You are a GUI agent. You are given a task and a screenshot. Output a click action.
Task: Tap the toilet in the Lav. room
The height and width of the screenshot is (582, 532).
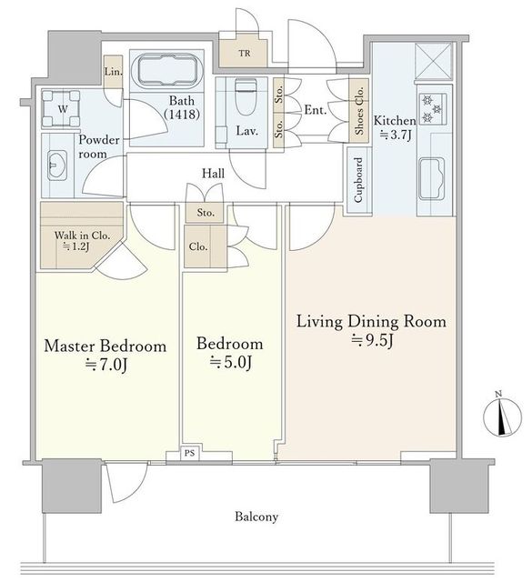[x=246, y=97]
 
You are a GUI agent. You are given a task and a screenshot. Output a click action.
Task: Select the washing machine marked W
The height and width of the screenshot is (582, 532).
[x=61, y=109]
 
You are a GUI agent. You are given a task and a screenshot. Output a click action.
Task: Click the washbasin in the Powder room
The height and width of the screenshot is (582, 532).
[x=56, y=166]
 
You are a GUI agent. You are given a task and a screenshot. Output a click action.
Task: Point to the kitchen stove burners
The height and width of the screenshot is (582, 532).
[x=433, y=109]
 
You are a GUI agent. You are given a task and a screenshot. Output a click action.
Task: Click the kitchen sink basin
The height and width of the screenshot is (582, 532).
[x=432, y=179]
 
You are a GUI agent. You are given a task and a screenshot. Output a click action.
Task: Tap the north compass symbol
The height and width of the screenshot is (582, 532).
[x=502, y=416]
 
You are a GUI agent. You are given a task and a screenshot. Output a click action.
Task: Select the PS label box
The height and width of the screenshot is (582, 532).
[x=190, y=453]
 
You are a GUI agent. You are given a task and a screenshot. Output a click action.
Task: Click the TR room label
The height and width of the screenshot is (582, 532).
[x=245, y=54]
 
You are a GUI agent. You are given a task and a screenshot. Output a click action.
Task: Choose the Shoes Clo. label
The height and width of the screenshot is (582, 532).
[x=359, y=111]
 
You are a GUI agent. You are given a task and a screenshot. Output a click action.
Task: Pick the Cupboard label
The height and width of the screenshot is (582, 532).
[x=358, y=180]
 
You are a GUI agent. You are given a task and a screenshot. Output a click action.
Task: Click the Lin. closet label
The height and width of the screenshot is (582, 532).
[x=113, y=71]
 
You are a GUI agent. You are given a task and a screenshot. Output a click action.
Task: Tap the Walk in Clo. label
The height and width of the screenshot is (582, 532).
[x=82, y=236]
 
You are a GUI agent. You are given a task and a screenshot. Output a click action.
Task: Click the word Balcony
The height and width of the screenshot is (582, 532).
[x=256, y=517]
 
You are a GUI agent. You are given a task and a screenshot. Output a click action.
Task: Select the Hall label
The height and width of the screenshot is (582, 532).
[x=213, y=174]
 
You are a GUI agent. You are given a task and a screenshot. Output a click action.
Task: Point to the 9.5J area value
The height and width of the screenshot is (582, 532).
[x=372, y=340]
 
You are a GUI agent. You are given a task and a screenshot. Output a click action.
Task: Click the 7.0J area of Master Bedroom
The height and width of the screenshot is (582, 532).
[x=106, y=366]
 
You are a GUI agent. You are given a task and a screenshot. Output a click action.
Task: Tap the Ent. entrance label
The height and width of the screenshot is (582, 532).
[x=316, y=110]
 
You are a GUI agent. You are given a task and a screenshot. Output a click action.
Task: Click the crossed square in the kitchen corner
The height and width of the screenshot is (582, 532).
[x=433, y=61]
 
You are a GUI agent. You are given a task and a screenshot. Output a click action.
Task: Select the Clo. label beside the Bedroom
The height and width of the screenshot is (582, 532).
[x=198, y=246]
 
